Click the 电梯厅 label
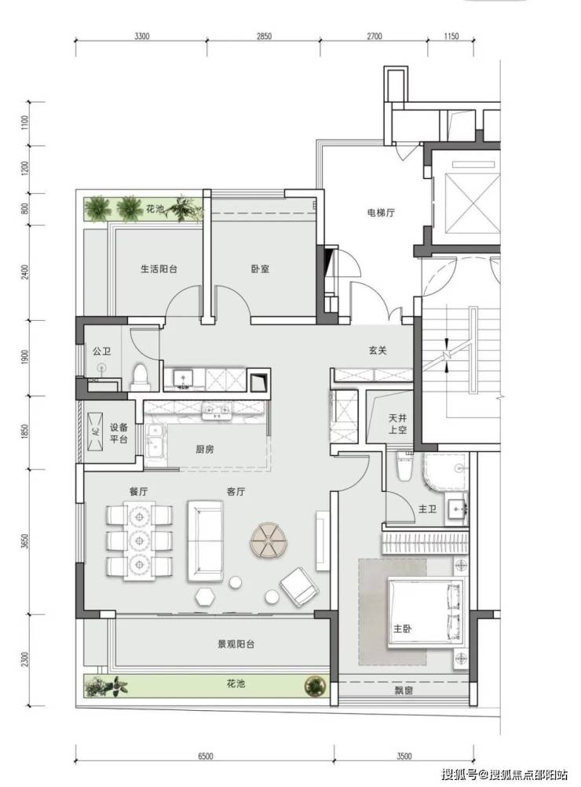point(380,213)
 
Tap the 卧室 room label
point(260,269)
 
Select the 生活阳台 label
point(159,269)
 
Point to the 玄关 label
point(378,351)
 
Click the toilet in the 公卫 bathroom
point(140,377)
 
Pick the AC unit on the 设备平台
point(94,431)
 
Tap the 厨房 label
point(205,450)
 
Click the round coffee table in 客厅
point(269,540)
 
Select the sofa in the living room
point(206,541)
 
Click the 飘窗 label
point(404,690)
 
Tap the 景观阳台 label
point(236,644)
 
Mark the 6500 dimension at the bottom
point(206,756)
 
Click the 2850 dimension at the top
point(264,36)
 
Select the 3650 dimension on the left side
point(26,541)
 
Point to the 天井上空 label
point(398,424)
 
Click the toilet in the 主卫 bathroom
point(405,467)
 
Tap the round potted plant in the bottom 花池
point(315,685)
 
